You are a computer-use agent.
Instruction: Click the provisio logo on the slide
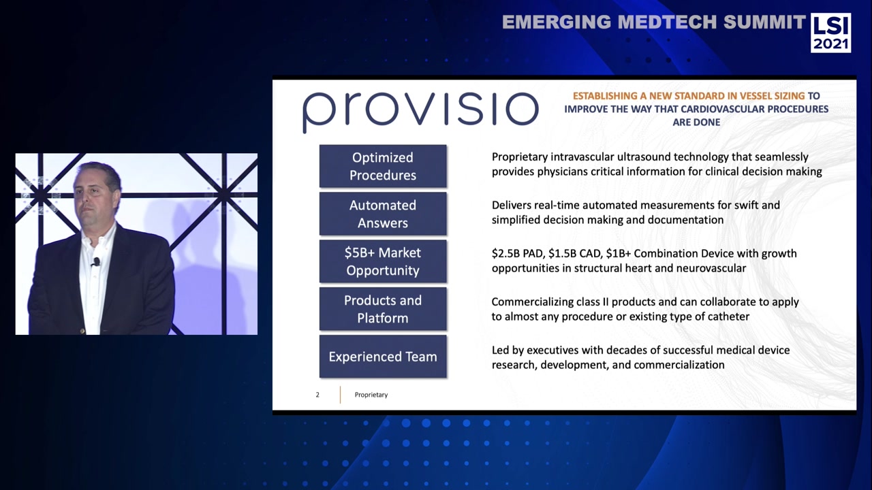(420, 110)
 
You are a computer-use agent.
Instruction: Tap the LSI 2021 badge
(830, 33)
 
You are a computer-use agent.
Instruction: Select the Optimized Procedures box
(383, 166)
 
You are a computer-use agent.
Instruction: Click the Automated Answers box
(383, 214)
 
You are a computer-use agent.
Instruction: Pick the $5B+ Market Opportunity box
(383, 261)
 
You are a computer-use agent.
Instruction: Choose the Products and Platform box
(383, 309)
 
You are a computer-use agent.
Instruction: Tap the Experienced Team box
(383, 357)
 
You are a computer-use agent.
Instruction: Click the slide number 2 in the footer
(317, 395)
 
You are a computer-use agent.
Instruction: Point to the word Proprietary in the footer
(371, 395)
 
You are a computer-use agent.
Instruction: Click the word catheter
(726, 316)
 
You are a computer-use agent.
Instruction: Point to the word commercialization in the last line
(679, 365)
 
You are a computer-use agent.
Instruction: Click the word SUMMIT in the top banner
(764, 22)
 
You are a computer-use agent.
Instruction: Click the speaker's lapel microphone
(96, 261)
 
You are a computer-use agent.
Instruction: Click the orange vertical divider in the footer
(340, 395)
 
